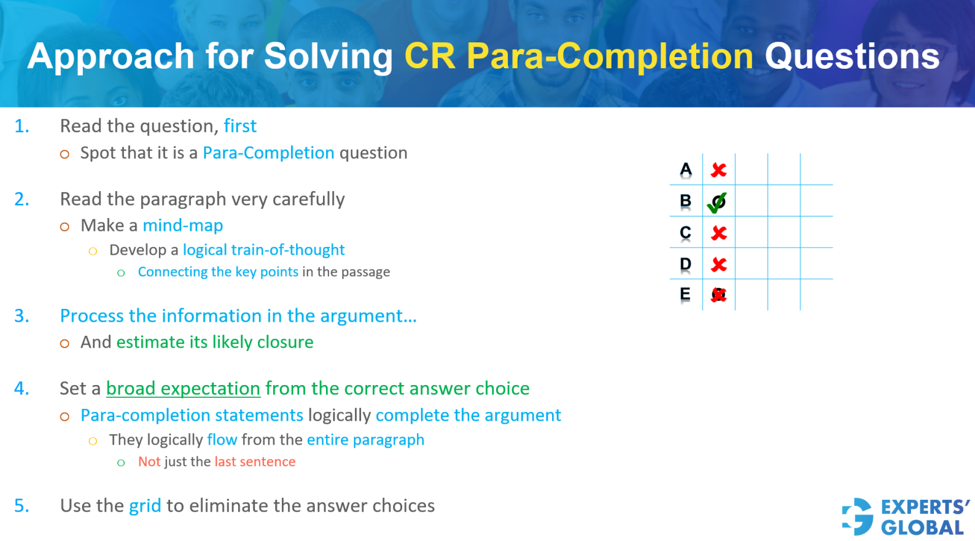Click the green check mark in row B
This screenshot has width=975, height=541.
point(717,202)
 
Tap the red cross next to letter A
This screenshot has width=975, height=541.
point(718,170)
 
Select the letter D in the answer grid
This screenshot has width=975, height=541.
point(686,264)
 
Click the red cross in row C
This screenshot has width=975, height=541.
point(718,233)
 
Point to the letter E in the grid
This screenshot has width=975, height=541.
point(685,294)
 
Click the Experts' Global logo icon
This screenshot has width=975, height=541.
point(858,516)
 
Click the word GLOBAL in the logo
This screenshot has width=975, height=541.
point(922,527)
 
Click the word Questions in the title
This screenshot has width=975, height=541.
point(852,56)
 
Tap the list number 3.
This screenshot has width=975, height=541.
point(21,316)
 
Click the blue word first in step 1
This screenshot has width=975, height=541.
point(240,126)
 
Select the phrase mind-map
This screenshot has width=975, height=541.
point(183,225)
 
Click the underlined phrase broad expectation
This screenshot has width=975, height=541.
point(183,389)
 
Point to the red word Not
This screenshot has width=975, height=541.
point(149,462)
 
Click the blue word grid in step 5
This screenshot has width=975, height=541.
point(145,506)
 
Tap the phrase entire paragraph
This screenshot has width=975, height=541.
point(365,440)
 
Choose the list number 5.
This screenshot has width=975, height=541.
point(21,506)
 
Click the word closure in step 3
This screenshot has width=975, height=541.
point(285,342)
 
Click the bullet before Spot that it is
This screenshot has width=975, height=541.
point(64,154)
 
